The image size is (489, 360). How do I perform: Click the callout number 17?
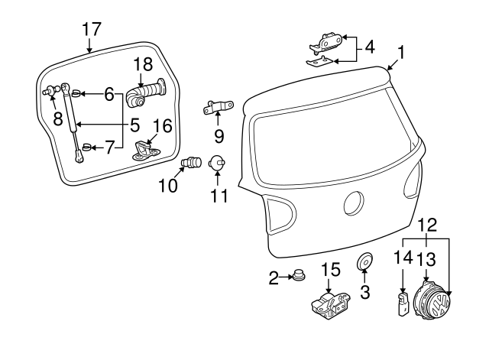coord(91,30)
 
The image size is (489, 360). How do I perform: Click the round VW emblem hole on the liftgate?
coord(356,203)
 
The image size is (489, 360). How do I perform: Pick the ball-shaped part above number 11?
coord(217,162)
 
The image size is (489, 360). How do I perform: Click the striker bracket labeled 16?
coord(147,150)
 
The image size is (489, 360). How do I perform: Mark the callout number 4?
coord(370,47)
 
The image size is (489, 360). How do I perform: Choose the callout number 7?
coord(108,147)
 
